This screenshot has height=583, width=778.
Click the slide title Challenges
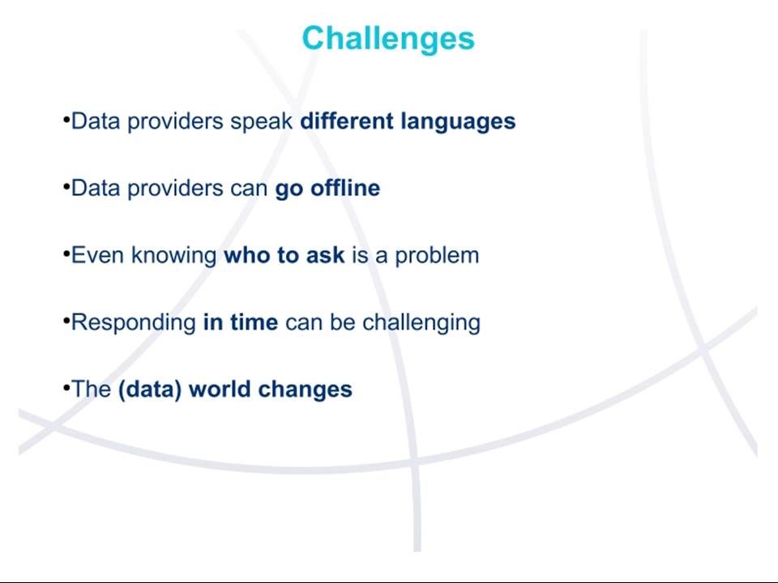click(x=388, y=39)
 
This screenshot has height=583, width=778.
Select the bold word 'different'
click(x=347, y=121)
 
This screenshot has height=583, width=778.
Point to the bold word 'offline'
click(x=345, y=188)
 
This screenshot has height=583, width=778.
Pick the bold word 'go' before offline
click(x=289, y=190)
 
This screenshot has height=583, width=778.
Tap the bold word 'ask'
click(x=326, y=255)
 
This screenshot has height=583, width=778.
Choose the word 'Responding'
click(x=134, y=323)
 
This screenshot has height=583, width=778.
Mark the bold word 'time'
click(x=254, y=322)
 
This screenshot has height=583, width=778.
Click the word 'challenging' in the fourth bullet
click(x=421, y=323)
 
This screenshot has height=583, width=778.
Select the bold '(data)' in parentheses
click(x=150, y=389)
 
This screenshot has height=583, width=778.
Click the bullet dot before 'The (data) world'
click(x=66, y=386)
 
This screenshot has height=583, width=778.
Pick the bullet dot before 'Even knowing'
click(x=66, y=253)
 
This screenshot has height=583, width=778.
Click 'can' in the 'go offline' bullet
click(x=249, y=189)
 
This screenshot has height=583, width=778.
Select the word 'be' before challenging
click(x=342, y=322)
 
